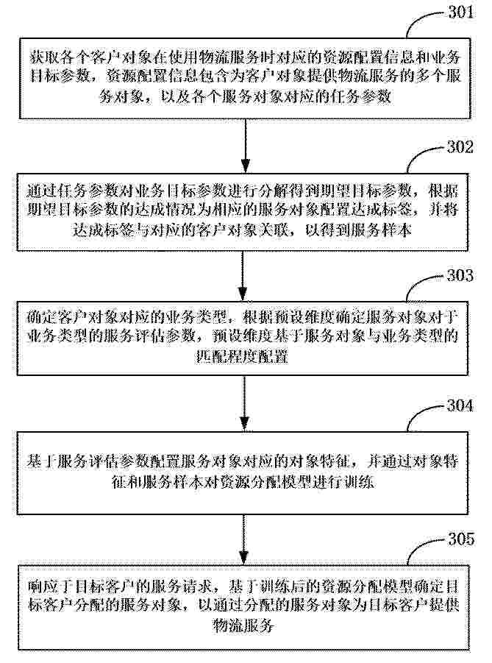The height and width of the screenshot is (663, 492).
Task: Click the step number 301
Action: coord(460,12)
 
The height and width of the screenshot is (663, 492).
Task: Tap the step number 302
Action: coord(460,146)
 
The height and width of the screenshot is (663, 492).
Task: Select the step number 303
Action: coord(460,276)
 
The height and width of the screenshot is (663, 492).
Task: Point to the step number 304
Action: coord(460,405)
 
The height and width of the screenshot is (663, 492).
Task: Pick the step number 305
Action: coord(461,539)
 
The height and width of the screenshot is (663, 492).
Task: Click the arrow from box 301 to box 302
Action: coord(246,146)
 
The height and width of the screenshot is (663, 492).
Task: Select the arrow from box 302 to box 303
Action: coord(243,276)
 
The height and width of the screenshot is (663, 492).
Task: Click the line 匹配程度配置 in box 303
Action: coord(242,356)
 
